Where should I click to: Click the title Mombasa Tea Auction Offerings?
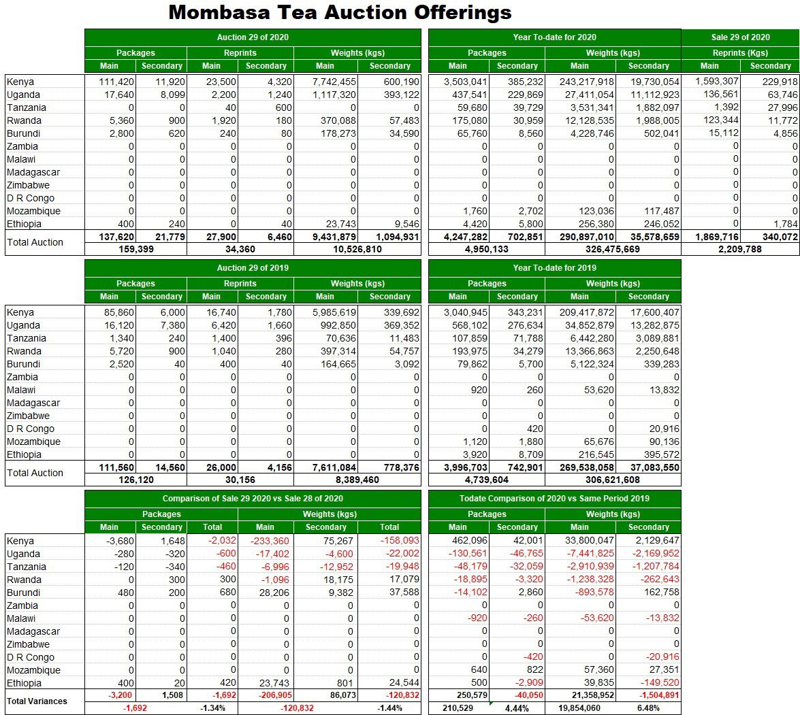click(340, 12)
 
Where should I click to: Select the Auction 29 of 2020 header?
click(253, 37)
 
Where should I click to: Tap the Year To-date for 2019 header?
click(554, 268)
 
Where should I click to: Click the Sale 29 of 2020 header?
click(741, 37)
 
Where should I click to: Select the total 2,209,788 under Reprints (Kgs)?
click(740, 250)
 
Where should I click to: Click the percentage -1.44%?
click(389, 708)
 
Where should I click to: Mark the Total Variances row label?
click(37, 701)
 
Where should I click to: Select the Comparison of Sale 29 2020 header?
click(253, 499)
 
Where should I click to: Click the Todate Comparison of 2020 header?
click(554, 499)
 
